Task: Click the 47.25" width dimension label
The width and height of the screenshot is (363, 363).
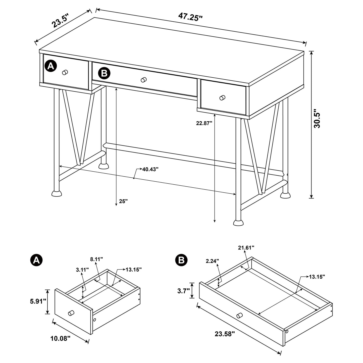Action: [x=190, y=17]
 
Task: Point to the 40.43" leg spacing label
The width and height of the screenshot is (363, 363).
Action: [x=150, y=169]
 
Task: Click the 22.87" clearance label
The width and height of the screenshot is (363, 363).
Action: [x=204, y=123]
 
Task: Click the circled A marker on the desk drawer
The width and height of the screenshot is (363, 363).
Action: [x=51, y=66]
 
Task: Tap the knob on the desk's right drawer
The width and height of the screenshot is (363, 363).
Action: [x=222, y=98]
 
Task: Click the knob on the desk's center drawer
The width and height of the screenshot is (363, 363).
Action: [x=144, y=80]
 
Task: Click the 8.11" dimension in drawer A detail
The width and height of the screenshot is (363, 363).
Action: [x=96, y=260]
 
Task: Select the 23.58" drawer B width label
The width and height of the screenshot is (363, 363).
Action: [x=225, y=334]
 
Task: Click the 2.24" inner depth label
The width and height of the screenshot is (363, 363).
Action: [x=213, y=261]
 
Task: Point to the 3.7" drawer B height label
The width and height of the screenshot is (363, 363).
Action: [x=184, y=291]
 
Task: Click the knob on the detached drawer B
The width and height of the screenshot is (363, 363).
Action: [x=239, y=315]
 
